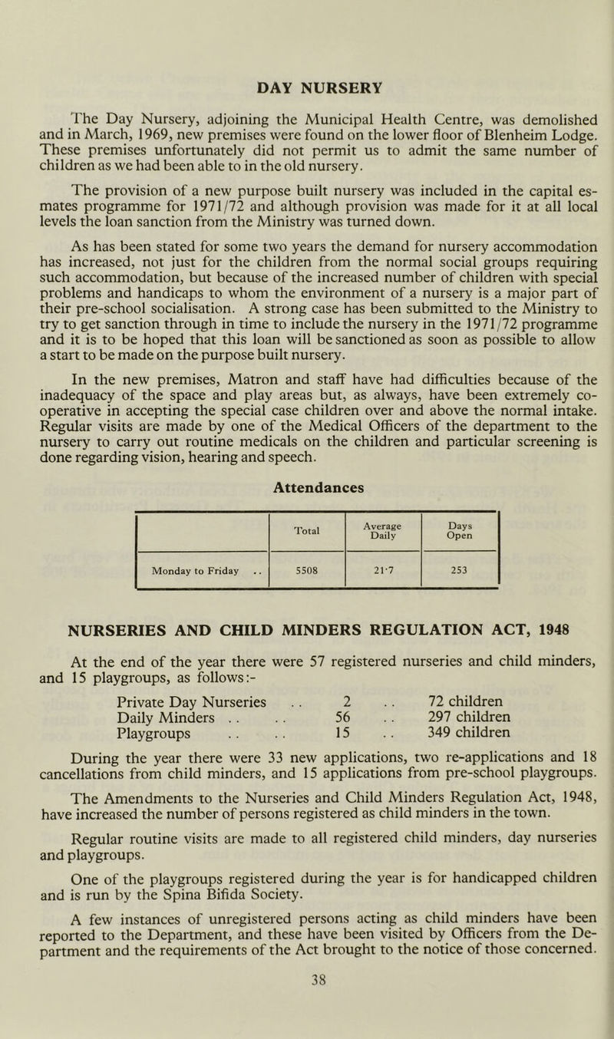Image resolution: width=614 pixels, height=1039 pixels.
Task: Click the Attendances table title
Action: (x=306, y=486)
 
